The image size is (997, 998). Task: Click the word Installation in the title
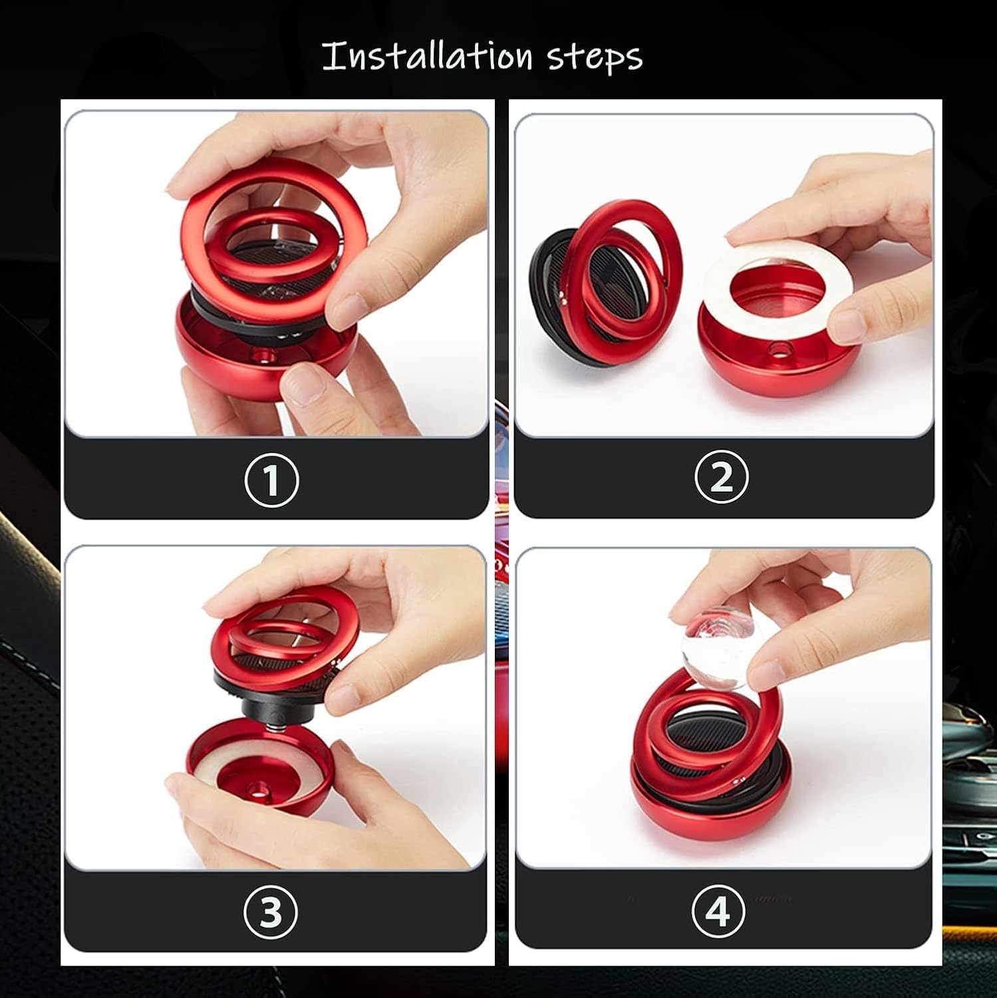pyautogui.click(x=427, y=56)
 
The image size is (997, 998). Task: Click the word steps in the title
pyautogui.click(x=595, y=57)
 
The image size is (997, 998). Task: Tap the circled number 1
pyautogui.click(x=271, y=480)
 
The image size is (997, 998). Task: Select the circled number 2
pyautogui.click(x=722, y=477)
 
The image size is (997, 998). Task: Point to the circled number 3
pyautogui.click(x=270, y=912)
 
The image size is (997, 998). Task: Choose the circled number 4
pyautogui.click(x=718, y=911)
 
